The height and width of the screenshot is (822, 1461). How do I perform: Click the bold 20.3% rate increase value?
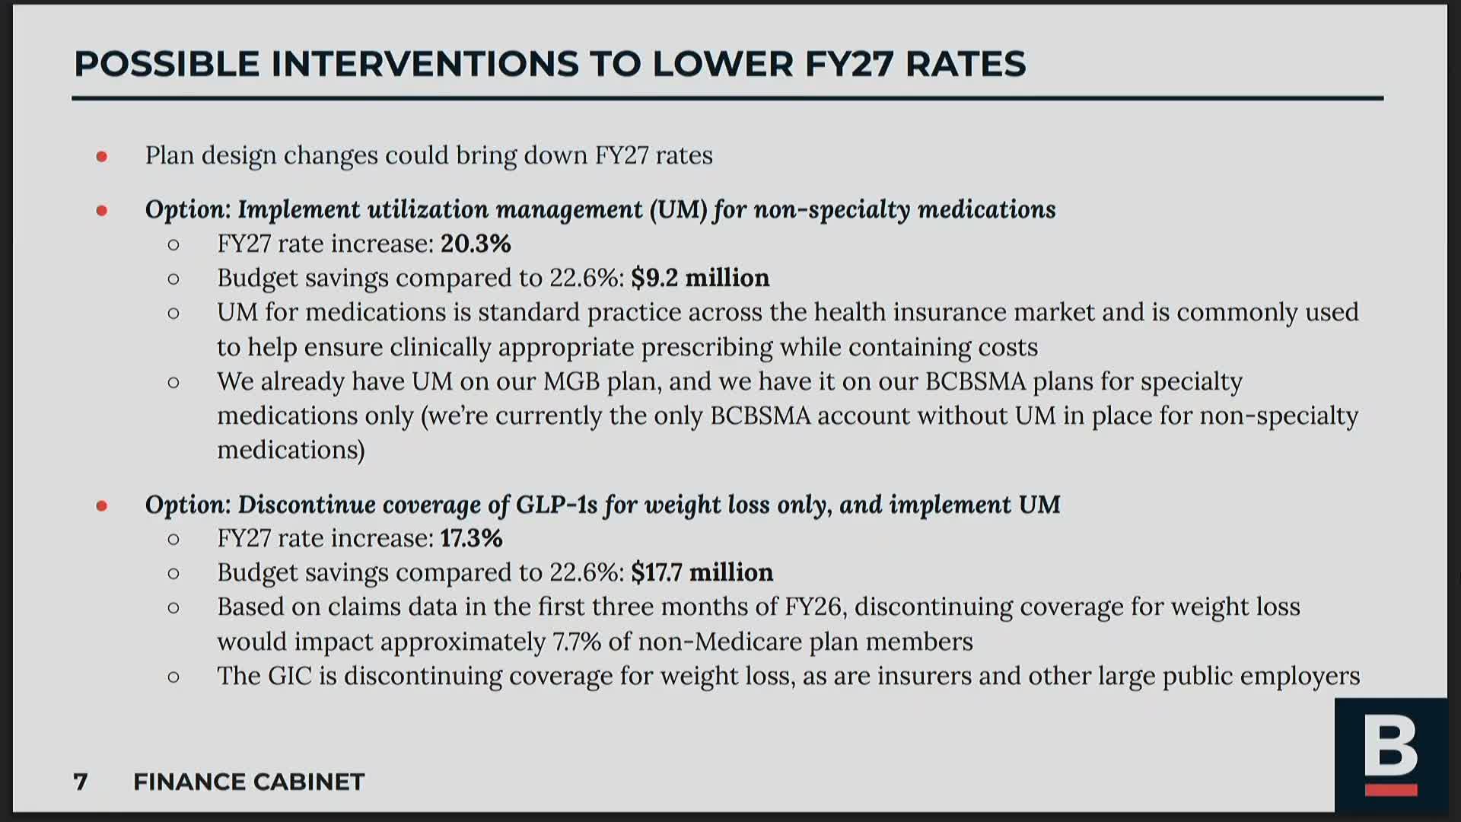click(x=476, y=244)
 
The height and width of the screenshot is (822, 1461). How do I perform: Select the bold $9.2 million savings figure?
click(x=700, y=278)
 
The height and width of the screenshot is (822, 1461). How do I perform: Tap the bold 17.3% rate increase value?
click(x=471, y=538)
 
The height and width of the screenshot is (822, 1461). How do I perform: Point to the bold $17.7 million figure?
click(x=702, y=572)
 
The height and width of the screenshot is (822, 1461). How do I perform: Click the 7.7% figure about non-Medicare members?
click(x=577, y=642)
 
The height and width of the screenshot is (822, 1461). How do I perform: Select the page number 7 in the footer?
click(x=81, y=782)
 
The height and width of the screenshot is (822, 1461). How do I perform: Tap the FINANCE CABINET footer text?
click(x=249, y=782)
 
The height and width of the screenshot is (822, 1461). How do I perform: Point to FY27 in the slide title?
click(x=848, y=64)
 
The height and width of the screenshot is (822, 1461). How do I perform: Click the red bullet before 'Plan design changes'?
click(x=102, y=157)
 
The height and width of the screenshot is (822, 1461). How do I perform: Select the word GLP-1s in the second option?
click(x=556, y=505)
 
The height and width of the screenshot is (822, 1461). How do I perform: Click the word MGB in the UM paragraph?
click(x=571, y=381)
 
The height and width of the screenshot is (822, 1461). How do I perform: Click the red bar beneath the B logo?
click(x=1390, y=789)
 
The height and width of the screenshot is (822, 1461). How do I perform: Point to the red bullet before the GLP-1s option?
click(x=102, y=506)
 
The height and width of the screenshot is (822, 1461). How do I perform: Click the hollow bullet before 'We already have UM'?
click(x=173, y=382)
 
